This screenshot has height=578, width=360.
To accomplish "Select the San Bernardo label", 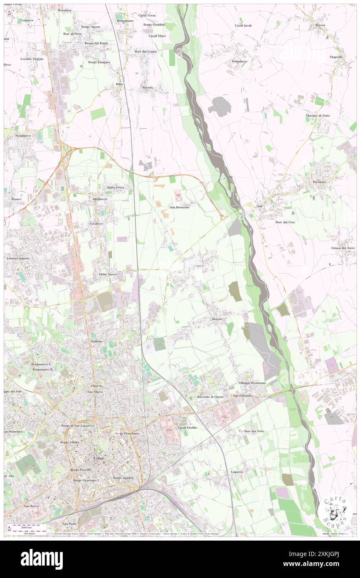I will point(180,207).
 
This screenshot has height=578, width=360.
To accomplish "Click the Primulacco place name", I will point(239,61).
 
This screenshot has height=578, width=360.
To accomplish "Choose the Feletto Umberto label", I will point(18,258).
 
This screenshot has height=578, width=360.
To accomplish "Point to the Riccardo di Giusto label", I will point(210,397).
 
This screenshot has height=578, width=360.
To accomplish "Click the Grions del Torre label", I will point(343,248).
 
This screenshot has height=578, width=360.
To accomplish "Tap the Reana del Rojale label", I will point(96,43).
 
